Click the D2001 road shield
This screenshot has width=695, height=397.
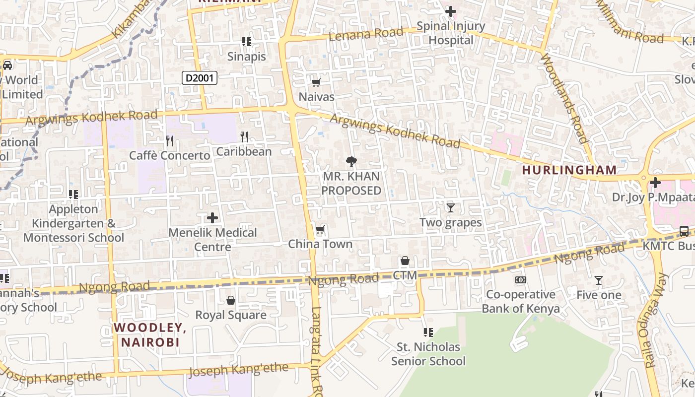coord(200,77)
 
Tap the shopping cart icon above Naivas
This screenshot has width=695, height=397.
coord(316,82)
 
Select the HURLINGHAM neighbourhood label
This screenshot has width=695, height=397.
coord(569,170)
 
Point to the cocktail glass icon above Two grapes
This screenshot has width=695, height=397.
coord(450,207)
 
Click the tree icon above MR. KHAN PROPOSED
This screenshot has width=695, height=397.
coord(351,161)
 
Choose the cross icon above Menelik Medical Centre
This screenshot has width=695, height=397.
coord(212,218)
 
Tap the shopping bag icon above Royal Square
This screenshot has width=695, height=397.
coord(230,300)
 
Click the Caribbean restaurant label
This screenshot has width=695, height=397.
coord(244,151)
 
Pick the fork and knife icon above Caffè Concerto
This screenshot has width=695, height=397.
coord(170,141)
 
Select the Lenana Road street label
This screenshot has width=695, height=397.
coord(366,34)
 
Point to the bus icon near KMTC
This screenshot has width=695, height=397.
coord(684,231)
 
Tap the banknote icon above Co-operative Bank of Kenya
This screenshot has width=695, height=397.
coord(520,280)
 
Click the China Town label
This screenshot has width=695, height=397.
coord(320,244)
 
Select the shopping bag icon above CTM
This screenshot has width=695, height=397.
coord(405,261)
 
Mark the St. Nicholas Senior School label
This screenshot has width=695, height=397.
coord(428,353)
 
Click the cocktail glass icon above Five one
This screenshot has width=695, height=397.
coord(599,280)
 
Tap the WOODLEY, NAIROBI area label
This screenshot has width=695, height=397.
coord(149,334)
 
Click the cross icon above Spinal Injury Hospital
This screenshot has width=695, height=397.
coord(450,11)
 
